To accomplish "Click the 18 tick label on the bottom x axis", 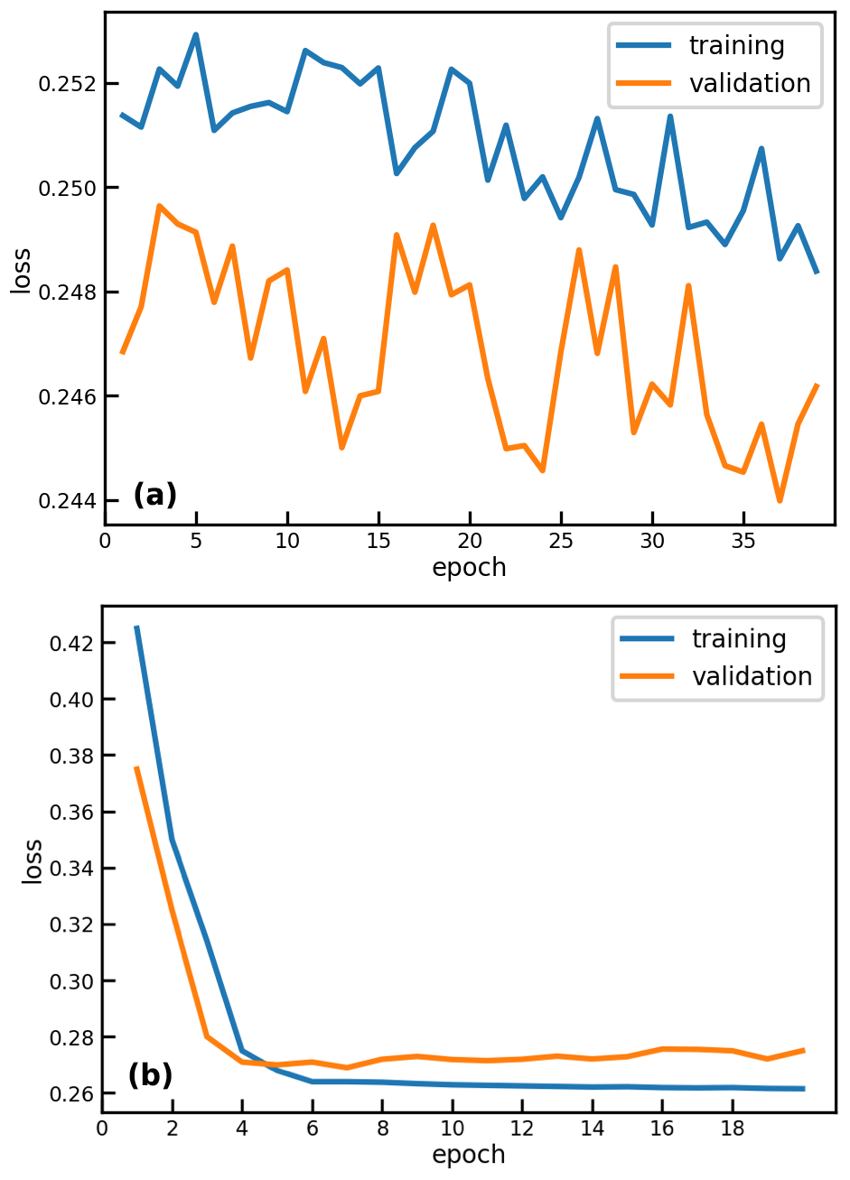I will coord(733,1129).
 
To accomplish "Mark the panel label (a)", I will coord(154,495).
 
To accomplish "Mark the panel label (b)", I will coord(150,1075).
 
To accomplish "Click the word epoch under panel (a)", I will coord(469,568).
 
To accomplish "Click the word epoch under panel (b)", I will coord(469,1155).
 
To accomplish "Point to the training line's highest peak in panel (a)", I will coord(195,34).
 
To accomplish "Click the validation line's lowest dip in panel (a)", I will coord(780,501).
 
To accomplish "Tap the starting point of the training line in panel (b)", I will coord(136,627).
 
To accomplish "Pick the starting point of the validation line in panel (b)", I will coord(136,767).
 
